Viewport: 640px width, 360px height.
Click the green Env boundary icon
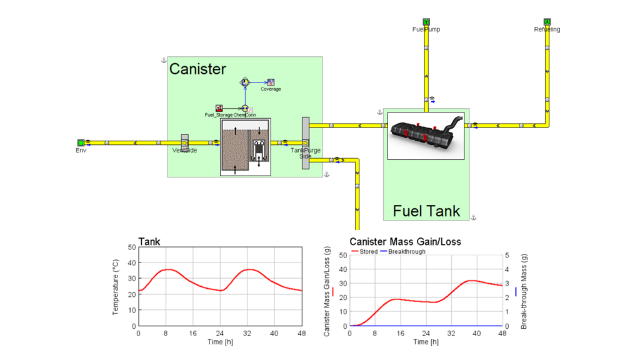81,142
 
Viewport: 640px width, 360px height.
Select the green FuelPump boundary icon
426,22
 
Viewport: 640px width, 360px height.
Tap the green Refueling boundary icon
547,22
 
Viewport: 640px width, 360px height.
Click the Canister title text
197,69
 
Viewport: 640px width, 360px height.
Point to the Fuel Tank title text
426,211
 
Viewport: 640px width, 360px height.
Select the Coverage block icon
271,82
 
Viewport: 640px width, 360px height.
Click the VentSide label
185,151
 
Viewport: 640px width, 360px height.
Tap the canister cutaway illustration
246,146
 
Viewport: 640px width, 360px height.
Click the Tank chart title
149,241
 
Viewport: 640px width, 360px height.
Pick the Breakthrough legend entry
406,251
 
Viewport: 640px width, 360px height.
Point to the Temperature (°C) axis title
116,286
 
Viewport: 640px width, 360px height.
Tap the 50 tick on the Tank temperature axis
131,247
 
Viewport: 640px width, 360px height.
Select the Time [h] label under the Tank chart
219,342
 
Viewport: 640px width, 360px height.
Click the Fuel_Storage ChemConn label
230,115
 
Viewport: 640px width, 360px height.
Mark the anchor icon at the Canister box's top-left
164,60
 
